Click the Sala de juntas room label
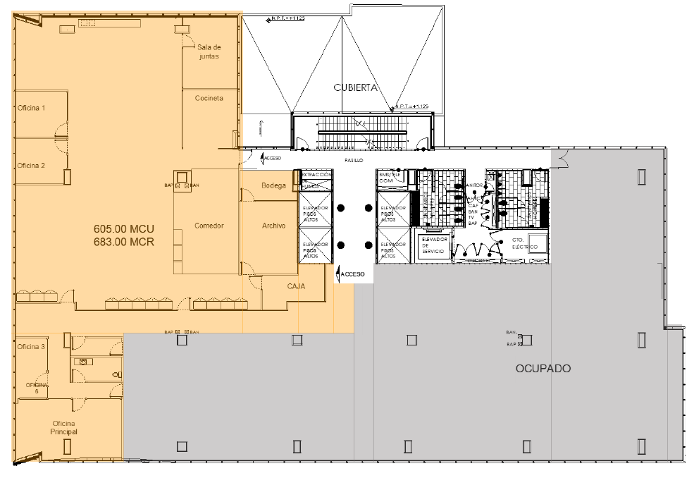click(x=209, y=51)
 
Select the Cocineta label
click(x=209, y=98)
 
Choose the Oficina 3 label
click(x=31, y=346)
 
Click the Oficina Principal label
click(x=63, y=427)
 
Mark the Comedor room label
click(x=209, y=226)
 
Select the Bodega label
click(x=273, y=186)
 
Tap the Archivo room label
click(x=273, y=226)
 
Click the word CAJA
click(x=296, y=286)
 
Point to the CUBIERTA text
click(x=357, y=88)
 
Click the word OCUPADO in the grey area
click(x=543, y=368)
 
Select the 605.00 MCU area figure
click(x=124, y=229)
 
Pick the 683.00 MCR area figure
click(x=124, y=241)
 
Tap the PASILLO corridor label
click(x=354, y=161)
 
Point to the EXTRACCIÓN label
click(x=316, y=174)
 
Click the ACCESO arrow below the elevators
click(x=350, y=274)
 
